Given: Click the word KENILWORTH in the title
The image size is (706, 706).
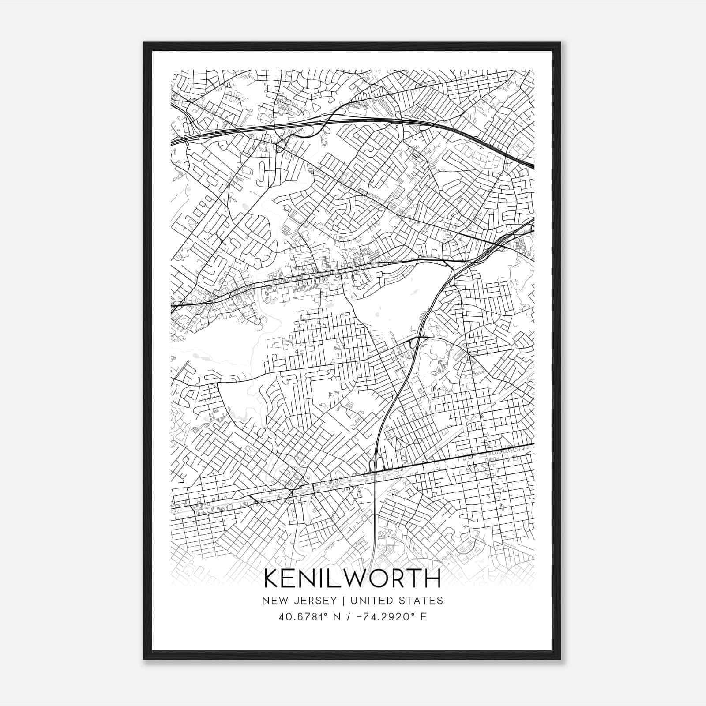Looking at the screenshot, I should (353, 578).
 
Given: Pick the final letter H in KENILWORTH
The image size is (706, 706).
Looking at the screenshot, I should (432, 578).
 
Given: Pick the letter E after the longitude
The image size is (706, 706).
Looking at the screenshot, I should (424, 616).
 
